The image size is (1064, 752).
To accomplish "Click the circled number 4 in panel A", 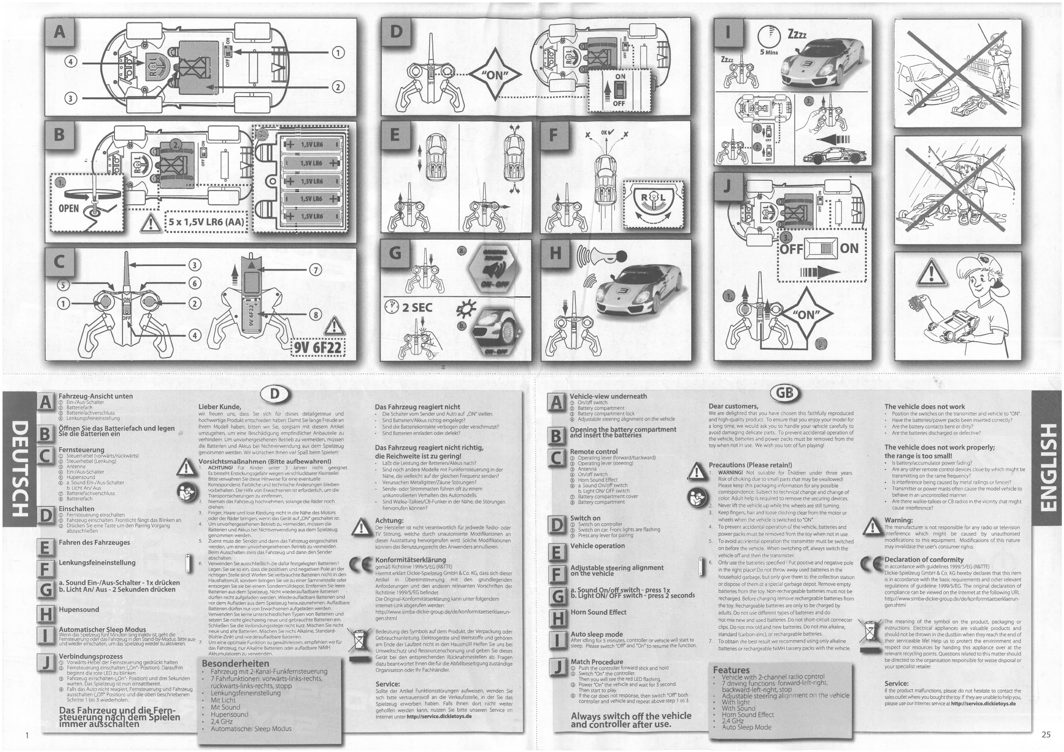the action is coord(72,62).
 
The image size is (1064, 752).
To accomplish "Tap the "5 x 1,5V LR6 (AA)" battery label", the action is coord(206,221).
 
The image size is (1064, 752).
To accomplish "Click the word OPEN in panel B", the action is coord(68,208).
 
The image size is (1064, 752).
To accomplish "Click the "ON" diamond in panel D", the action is coord(495,75).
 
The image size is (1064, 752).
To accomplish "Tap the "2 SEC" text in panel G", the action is coord(417,308).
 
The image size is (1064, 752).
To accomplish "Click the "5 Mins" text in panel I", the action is coord(769,52).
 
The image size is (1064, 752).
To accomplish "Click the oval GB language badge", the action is coord(785,393).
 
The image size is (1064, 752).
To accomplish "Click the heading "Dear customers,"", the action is coord(733,406).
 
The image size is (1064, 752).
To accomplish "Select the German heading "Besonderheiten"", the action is coord(229,663).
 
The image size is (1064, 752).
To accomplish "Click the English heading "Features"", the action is coord(731,670).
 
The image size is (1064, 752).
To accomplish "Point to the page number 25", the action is coord(1046,734).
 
